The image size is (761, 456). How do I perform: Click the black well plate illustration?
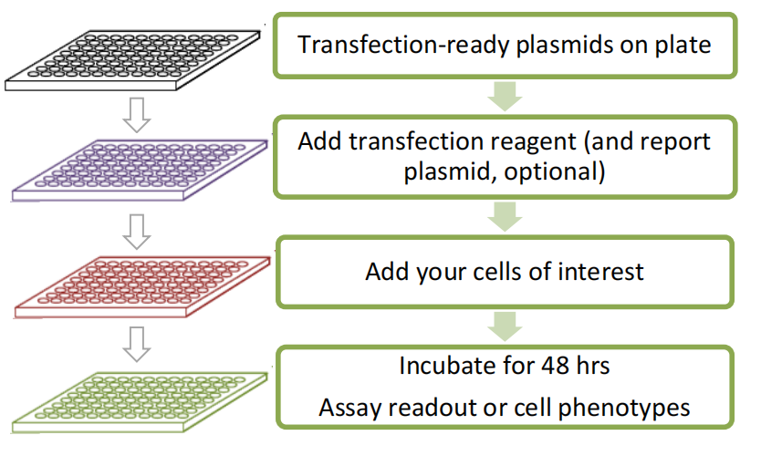[x=132, y=60]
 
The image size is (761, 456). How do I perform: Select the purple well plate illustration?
[x=140, y=171]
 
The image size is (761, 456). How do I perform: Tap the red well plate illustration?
[x=142, y=287]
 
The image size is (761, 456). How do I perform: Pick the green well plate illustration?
[x=140, y=402]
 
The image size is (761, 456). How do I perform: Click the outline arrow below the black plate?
[x=137, y=115]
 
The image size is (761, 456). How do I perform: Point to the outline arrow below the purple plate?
[x=137, y=232]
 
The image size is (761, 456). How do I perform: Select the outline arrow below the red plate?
[x=137, y=345]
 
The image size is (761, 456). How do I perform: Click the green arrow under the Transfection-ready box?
[x=505, y=97]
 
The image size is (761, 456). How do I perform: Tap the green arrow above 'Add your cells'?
[x=505, y=217]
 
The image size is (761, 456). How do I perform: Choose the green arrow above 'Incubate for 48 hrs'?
[x=505, y=326]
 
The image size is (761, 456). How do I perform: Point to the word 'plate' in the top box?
[x=683, y=45]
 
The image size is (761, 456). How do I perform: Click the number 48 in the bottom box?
[x=555, y=366]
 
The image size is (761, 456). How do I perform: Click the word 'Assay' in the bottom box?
[x=349, y=408]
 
